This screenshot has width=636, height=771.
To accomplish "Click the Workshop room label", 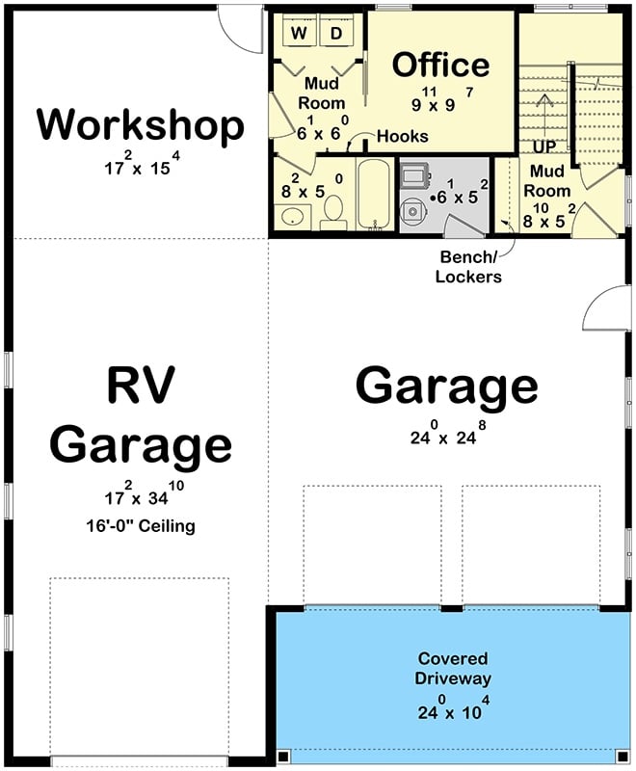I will coord(141,125).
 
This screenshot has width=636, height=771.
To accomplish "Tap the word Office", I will coord(441,65).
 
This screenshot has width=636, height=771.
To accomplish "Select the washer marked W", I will coord(299,34).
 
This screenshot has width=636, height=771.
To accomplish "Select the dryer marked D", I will coord(336,34).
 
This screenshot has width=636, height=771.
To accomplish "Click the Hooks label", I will coord(402,137).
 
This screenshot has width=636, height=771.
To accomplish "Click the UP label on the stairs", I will coord(546,147).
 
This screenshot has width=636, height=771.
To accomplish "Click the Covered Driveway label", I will coord(452,668).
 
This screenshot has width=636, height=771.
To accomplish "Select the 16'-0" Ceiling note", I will coord(141,526).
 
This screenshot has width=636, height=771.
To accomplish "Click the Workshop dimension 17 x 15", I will coord(141,165).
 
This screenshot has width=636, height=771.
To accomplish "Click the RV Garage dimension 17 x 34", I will coord(141,495).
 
